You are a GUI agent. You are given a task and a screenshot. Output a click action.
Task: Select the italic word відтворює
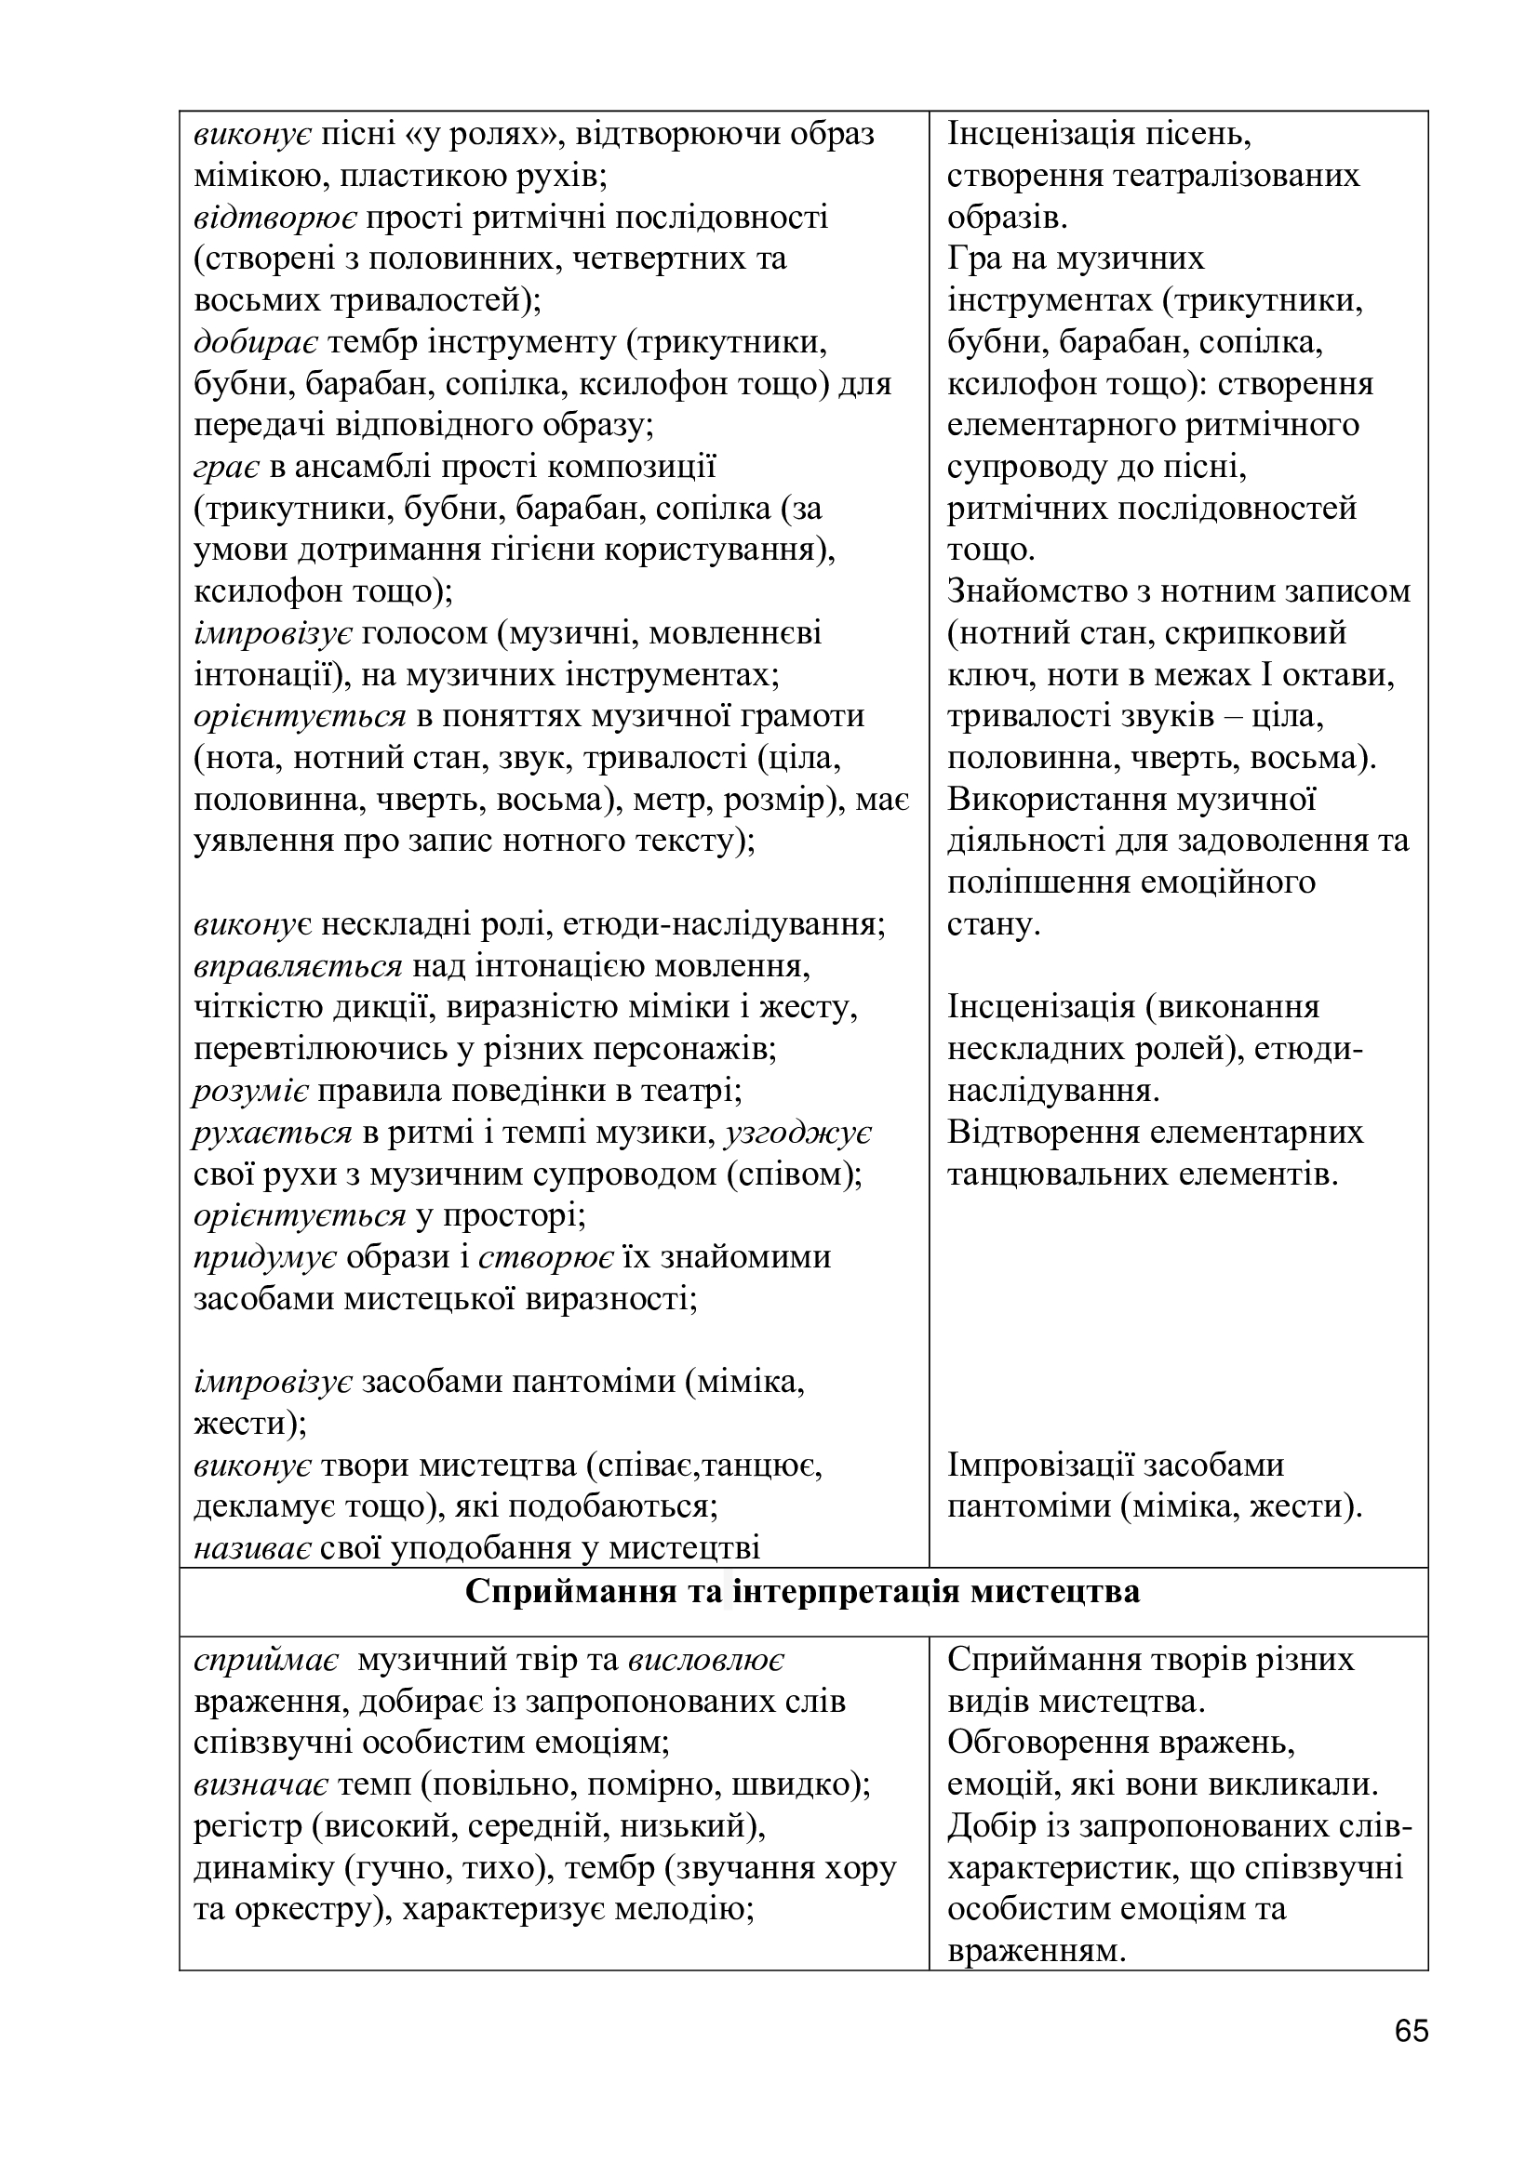[x=274, y=218]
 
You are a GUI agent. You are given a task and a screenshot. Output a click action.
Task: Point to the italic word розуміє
[x=250, y=1092]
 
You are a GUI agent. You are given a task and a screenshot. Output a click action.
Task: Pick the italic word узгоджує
[x=798, y=1133]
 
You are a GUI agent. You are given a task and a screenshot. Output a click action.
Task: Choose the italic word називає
[x=253, y=1548]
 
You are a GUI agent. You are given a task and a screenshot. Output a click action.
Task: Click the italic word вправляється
[x=299, y=966]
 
